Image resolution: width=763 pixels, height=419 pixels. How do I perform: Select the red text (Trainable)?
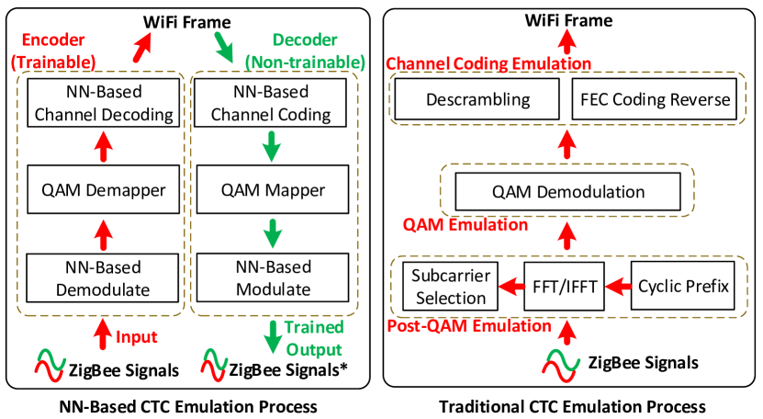click(x=54, y=62)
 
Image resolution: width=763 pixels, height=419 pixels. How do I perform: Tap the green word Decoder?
click(x=305, y=41)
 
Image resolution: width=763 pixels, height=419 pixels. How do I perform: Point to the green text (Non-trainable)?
click(x=305, y=62)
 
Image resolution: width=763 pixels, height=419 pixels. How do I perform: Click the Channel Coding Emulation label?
click(x=488, y=63)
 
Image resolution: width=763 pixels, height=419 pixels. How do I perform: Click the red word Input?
click(x=137, y=337)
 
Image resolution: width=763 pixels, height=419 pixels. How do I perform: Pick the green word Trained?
click(x=314, y=328)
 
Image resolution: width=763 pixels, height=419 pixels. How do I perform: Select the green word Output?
click(x=314, y=349)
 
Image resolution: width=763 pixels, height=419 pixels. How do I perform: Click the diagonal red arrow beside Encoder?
click(x=142, y=47)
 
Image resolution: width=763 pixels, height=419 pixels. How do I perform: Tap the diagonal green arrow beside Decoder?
click(x=223, y=47)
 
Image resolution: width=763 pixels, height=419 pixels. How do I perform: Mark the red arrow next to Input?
click(x=103, y=334)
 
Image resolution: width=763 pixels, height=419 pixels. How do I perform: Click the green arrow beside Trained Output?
click(x=273, y=337)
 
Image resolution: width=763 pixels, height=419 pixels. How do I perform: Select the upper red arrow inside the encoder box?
click(x=104, y=145)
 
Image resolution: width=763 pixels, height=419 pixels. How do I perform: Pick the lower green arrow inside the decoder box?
click(x=272, y=232)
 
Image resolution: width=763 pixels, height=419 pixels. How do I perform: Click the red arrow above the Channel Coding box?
click(x=567, y=41)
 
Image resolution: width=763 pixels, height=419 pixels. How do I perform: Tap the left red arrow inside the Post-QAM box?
click(x=512, y=288)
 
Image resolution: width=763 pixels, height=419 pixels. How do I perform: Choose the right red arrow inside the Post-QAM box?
click(x=620, y=288)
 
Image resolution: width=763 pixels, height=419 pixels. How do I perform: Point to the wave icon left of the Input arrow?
click(x=50, y=365)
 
